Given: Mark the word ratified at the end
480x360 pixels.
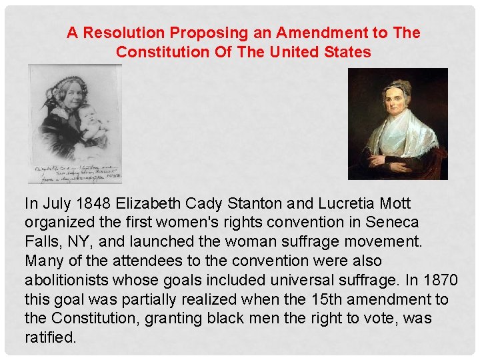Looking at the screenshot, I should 50,338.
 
